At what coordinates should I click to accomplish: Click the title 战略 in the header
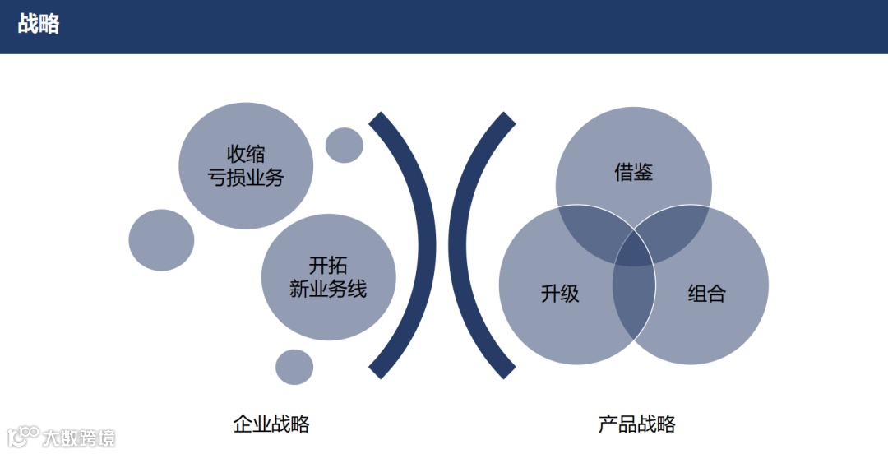(x=39, y=24)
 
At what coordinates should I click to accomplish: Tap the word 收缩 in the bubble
(x=246, y=154)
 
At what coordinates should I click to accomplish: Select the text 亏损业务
(x=246, y=178)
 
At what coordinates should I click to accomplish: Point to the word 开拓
(x=328, y=266)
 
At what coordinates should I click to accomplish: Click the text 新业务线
(x=328, y=289)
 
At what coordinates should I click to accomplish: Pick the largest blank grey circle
(x=161, y=240)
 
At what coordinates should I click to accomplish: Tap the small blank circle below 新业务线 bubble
(x=294, y=367)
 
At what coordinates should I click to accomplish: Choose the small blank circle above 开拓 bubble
(x=344, y=145)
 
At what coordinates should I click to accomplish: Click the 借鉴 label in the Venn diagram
(x=633, y=173)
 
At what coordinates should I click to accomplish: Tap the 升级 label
(x=560, y=294)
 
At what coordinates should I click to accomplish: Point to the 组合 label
(x=706, y=294)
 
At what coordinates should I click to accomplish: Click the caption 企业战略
(x=271, y=424)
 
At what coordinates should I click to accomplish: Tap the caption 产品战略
(x=636, y=424)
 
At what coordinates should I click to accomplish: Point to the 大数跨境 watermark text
(x=79, y=438)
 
